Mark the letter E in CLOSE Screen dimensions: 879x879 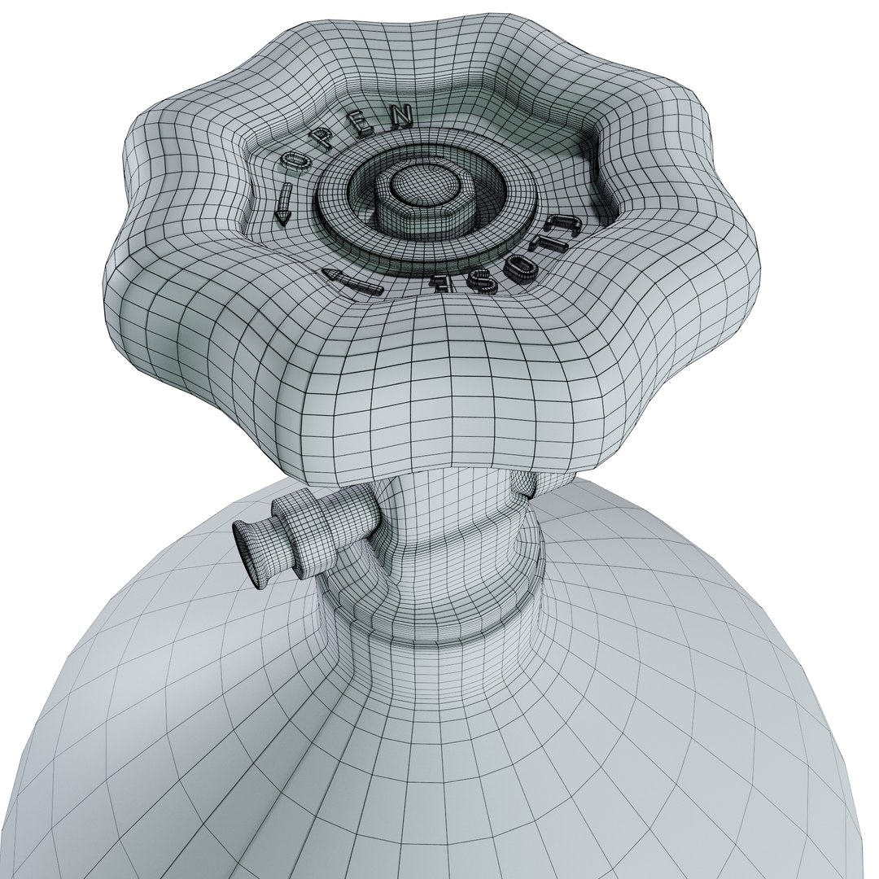click(441, 284)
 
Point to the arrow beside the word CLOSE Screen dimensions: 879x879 click(352, 282)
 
